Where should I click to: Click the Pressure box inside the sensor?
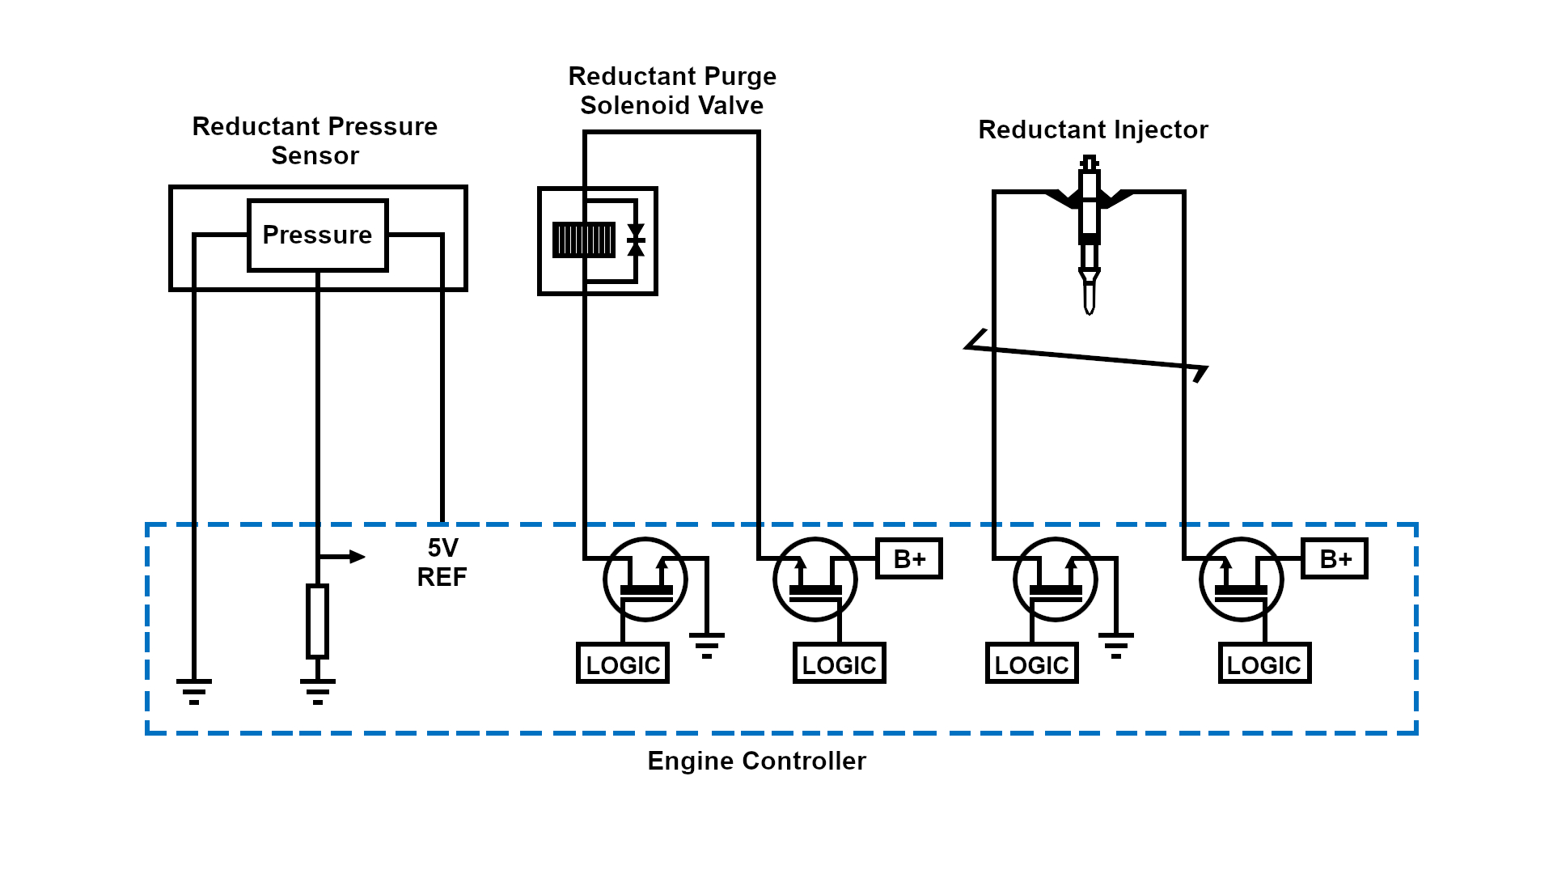(x=317, y=235)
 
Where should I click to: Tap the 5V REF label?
(x=442, y=562)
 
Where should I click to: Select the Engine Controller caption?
(x=756, y=761)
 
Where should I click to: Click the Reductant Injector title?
(x=1093, y=129)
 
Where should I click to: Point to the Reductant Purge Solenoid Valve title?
(x=671, y=91)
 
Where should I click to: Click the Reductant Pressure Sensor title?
(x=315, y=141)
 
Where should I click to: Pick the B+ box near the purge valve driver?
(x=909, y=558)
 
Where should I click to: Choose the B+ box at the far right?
(x=1335, y=558)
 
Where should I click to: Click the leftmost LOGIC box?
(x=622, y=664)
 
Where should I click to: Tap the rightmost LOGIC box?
(x=1264, y=664)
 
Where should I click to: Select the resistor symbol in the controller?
(x=317, y=621)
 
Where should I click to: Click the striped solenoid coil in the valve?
(x=583, y=240)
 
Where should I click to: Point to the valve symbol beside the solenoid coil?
(x=636, y=240)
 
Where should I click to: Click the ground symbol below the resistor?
(x=317, y=690)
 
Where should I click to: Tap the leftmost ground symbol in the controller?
(x=194, y=690)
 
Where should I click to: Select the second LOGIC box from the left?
(x=839, y=664)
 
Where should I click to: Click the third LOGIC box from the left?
(x=1031, y=664)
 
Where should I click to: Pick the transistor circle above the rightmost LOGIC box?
(x=1241, y=579)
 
